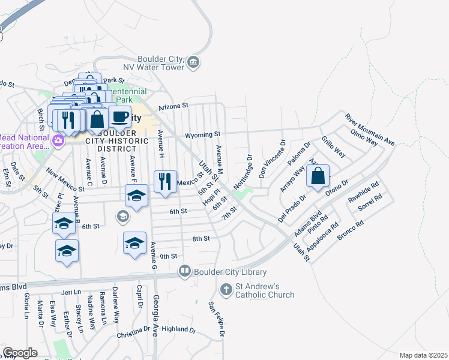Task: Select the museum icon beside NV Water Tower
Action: coord(193,62)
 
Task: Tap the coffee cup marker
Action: coord(119,116)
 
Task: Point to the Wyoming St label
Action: coord(203,134)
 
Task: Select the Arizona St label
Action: coord(173,106)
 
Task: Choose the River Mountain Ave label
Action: coord(369,128)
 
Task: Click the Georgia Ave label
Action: coord(155,315)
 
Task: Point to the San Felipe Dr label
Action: coord(216,319)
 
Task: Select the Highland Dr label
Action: coord(179,329)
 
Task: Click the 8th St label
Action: coord(200,238)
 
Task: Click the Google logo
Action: coord(19,353)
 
